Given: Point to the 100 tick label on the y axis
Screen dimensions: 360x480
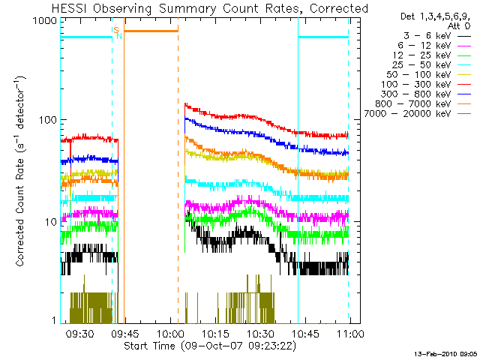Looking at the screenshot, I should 48,120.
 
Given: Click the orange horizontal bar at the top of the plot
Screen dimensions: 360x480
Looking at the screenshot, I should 151,31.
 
